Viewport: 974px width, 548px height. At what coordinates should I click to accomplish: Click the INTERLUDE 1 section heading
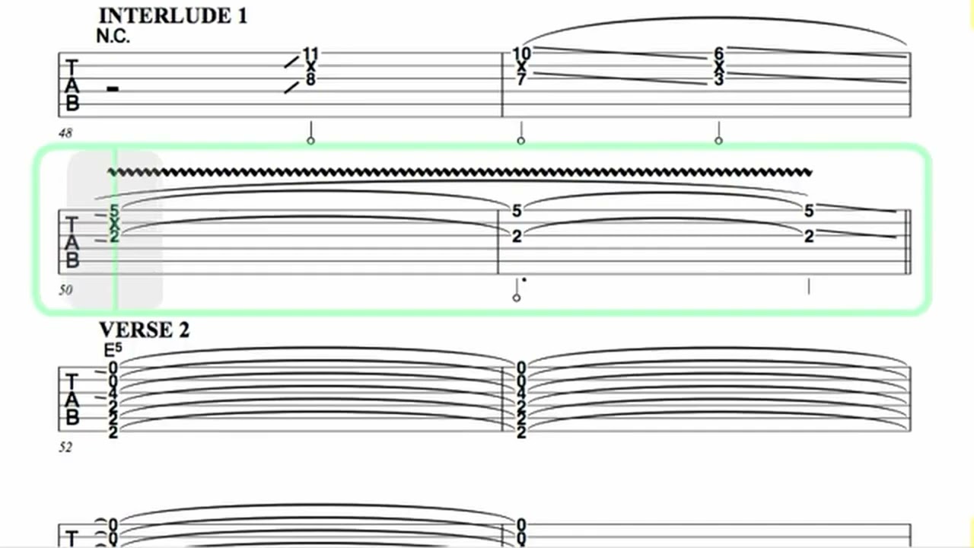click(x=173, y=17)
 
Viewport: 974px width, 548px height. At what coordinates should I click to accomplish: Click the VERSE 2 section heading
click(x=145, y=330)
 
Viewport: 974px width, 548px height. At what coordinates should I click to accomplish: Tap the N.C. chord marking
click(x=113, y=37)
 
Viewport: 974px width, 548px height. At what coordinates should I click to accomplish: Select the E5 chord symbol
click(x=113, y=349)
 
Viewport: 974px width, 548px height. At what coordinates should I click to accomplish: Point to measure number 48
click(x=65, y=133)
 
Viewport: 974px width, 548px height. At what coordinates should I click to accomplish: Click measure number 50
click(x=65, y=290)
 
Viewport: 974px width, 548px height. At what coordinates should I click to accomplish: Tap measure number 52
click(x=65, y=447)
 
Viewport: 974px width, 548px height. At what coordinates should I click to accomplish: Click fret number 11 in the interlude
click(x=310, y=54)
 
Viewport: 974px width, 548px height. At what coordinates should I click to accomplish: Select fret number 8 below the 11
click(x=310, y=80)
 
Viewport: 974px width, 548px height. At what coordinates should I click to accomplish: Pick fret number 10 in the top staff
click(x=522, y=54)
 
